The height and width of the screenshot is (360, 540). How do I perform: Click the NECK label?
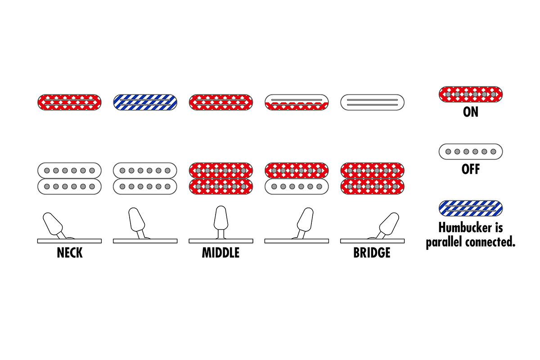point(70,253)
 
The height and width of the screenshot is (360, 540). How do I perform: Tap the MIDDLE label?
point(220,253)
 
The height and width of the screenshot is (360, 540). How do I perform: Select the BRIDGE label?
point(372,253)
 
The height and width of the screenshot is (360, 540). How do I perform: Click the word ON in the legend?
point(470,112)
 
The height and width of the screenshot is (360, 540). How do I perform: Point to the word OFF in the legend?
point(470,169)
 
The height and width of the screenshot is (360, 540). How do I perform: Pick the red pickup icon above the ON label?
point(470,94)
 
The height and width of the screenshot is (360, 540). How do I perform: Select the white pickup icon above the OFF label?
point(470,151)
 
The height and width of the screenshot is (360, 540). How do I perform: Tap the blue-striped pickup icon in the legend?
point(470,208)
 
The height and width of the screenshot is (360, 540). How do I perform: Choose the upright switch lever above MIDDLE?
point(220,218)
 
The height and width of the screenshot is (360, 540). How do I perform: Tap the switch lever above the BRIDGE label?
point(387,224)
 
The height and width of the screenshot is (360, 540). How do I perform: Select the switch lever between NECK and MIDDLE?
point(136,220)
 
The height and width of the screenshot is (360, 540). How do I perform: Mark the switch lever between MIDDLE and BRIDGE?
point(305,220)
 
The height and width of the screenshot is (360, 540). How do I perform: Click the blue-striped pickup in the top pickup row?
point(145,102)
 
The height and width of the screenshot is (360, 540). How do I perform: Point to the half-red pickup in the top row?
point(297,102)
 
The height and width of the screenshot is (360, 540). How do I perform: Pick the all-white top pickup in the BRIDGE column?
point(372,102)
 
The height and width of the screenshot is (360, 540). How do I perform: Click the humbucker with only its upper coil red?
point(297,178)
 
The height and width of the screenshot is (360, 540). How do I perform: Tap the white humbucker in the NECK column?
point(70,178)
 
